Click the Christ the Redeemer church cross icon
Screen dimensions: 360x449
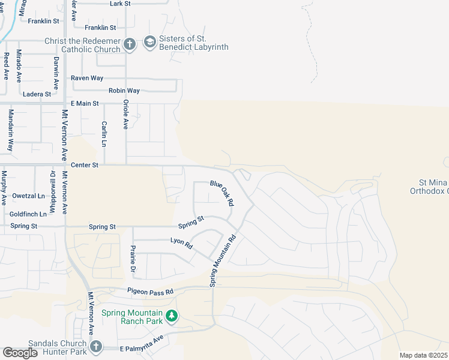[129, 44]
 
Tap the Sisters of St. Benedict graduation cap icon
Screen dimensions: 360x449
[149, 43]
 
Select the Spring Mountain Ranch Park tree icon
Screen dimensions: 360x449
[172, 315]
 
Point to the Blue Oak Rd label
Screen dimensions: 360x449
[221, 193]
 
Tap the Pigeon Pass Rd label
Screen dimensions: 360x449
[149, 291]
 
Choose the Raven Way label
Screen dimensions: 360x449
[87, 78]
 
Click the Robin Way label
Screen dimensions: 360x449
[124, 91]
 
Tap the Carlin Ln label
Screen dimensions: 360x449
[104, 134]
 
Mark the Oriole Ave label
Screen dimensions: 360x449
[126, 114]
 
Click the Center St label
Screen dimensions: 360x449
[84, 164]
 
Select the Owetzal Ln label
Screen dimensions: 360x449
[28, 196]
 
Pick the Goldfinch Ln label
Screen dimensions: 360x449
[28, 214]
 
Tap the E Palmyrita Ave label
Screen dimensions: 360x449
[142, 348]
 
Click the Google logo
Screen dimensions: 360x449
[20, 353]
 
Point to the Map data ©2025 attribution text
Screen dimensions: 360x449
[423, 355]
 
